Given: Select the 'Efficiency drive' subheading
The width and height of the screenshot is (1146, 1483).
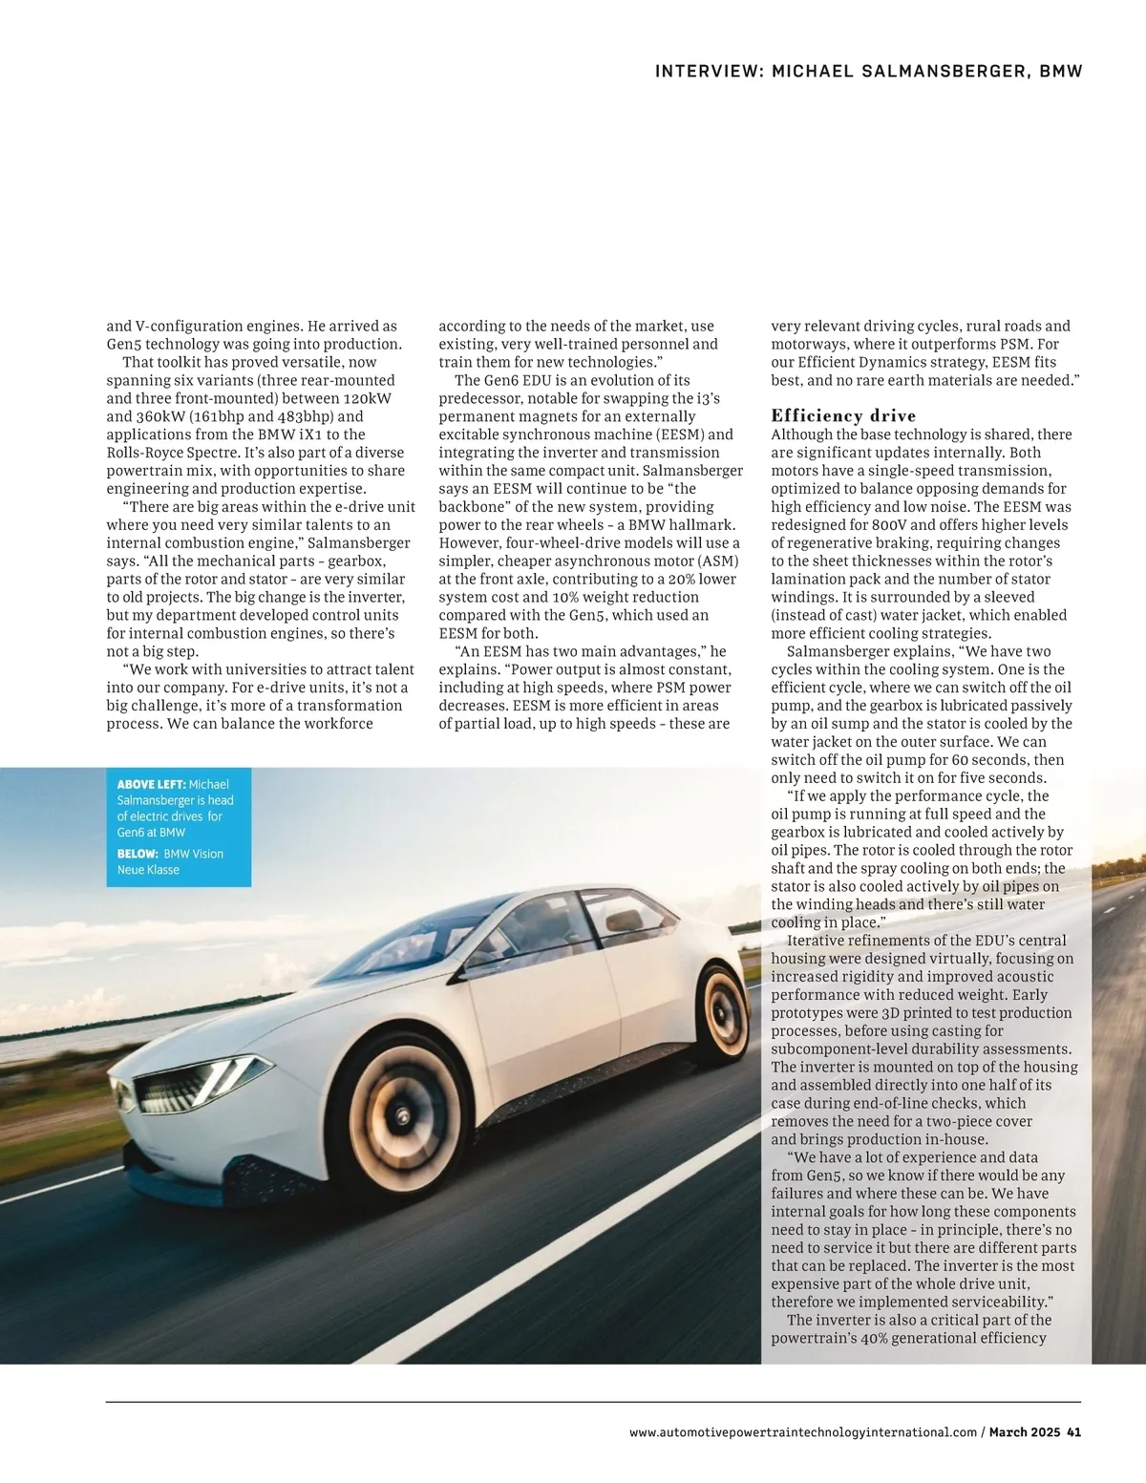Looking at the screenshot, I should tap(843, 415).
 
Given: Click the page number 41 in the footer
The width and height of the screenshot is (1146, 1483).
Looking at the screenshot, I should tap(1073, 1431).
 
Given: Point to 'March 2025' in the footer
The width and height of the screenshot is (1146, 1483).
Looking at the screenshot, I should tap(1024, 1431).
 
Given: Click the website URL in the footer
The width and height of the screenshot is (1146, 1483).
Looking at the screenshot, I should tap(803, 1431).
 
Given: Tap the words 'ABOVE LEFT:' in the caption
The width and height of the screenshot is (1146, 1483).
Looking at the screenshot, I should tap(151, 785).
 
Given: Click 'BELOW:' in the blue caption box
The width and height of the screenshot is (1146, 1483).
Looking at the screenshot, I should tap(138, 854).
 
